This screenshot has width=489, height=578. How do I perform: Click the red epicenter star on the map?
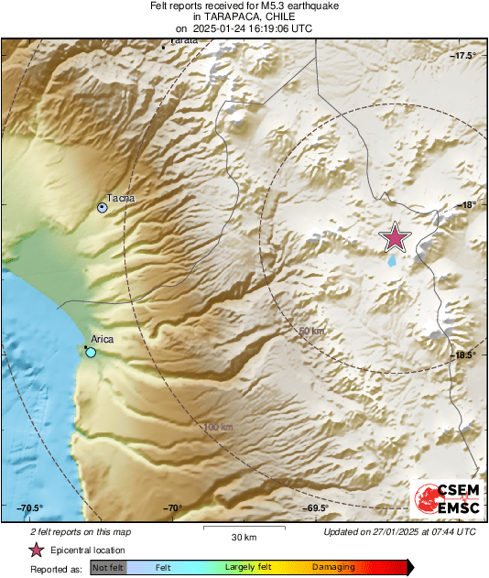[x=395, y=237]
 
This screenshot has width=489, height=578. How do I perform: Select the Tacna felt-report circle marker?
[x=103, y=208]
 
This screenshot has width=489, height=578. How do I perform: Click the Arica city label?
[x=102, y=339]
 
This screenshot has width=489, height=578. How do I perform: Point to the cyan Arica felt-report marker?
[x=91, y=352]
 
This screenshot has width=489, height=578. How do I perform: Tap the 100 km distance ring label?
[x=218, y=427]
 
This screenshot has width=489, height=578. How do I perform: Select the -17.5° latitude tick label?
[x=464, y=57]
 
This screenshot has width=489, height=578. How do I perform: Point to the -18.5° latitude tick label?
[x=464, y=355]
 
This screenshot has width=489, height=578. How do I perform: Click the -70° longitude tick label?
[x=173, y=508]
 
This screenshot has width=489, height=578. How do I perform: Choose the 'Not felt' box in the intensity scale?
[x=107, y=568]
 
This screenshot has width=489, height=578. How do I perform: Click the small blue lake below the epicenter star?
[x=393, y=260]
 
